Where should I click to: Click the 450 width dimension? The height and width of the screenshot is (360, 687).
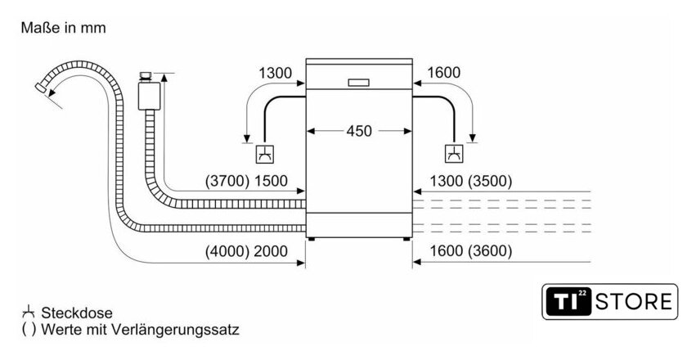tap(359, 131)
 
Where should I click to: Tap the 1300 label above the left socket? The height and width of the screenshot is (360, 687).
tap(275, 73)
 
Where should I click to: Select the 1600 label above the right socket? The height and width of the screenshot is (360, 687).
tap(444, 72)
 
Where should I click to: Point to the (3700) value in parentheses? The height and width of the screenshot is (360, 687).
tap(227, 181)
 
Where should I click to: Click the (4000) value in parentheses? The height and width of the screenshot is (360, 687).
tap(227, 251)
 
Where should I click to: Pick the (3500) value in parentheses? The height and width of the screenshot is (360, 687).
tap(490, 181)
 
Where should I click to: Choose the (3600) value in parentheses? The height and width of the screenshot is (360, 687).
tap(490, 251)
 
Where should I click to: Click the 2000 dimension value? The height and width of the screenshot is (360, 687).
tap(271, 251)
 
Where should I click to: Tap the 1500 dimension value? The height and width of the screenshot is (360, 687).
tap(271, 181)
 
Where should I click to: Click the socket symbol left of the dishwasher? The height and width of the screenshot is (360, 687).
tap(265, 154)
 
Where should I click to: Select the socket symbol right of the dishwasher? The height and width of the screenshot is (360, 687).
tap(455, 154)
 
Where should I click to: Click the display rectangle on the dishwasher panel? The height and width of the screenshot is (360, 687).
tap(358, 83)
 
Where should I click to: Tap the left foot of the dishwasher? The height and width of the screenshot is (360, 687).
tap(311, 240)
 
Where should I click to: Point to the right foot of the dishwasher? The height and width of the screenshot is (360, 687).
tap(406, 240)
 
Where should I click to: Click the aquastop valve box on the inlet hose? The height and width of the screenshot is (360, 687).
tap(149, 96)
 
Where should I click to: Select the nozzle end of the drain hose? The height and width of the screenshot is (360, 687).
tap(41, 88)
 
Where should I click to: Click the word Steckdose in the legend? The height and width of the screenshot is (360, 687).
tap(77, 313)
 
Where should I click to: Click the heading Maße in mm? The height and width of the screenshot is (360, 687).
tap(64, 28)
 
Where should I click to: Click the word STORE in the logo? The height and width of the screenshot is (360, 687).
tap(634, 302)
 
